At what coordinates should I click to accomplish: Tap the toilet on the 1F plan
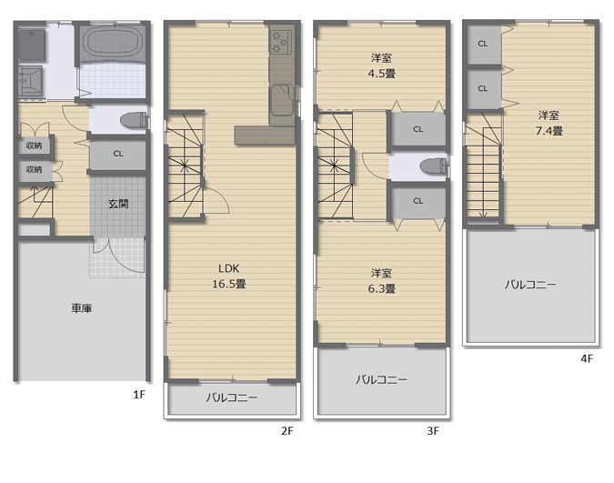click(134, 120)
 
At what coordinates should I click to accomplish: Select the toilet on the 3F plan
click(434, 166)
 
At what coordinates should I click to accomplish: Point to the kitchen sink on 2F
click(281, 100)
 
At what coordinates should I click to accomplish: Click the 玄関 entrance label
click(118, 204)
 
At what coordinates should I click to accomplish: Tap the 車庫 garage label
click(82, 308)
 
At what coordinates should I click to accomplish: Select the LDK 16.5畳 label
click(229, 276)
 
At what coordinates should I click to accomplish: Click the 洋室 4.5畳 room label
click(381, 65)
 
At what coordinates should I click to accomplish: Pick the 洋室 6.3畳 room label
click(381, 281)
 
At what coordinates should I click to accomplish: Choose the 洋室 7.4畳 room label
click(549, 123)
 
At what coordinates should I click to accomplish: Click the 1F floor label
click(139, 395)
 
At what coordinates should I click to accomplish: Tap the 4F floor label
click(587, 358)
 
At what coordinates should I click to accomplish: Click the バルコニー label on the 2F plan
click(232, 398)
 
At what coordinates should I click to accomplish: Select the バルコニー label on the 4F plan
click(529, 285)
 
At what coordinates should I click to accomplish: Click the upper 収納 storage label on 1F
click(34, 146)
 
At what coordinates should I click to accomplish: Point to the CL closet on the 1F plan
click(118, 154)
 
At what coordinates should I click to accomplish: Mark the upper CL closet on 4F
click(482, 44)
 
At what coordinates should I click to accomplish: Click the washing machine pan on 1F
click(31, 45)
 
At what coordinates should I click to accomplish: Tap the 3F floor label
click(433, 431)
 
